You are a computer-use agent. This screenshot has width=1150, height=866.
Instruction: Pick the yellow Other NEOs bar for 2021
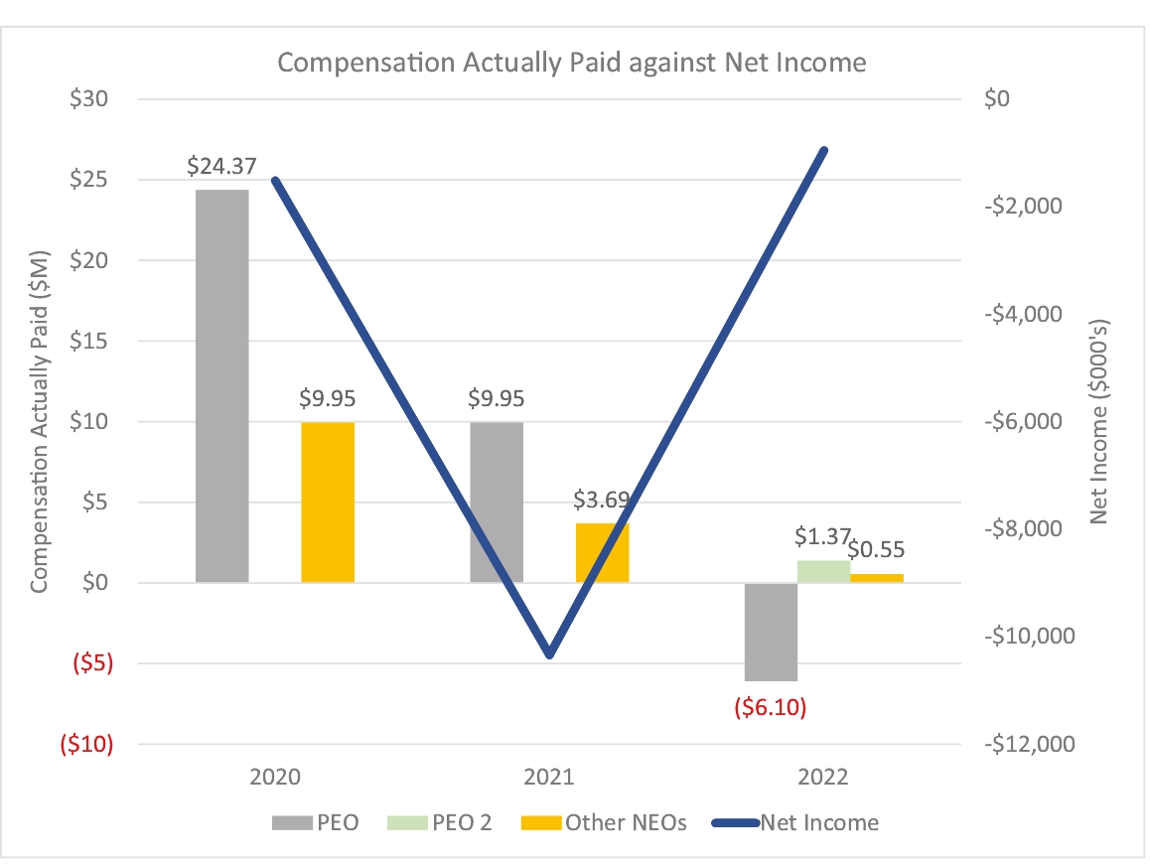tap(602, 552)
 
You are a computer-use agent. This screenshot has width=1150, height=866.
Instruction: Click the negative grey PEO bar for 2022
tap(771, 632)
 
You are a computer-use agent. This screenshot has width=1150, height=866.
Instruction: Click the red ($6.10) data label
tap(770, 707)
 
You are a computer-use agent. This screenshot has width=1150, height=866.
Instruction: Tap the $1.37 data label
tap(822, 537)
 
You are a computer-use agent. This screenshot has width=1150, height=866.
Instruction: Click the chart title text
tap(571, 63)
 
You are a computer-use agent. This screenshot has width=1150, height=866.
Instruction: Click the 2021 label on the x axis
tap(548, 777)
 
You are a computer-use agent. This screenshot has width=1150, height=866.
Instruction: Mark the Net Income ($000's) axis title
tap(1099, 422)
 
